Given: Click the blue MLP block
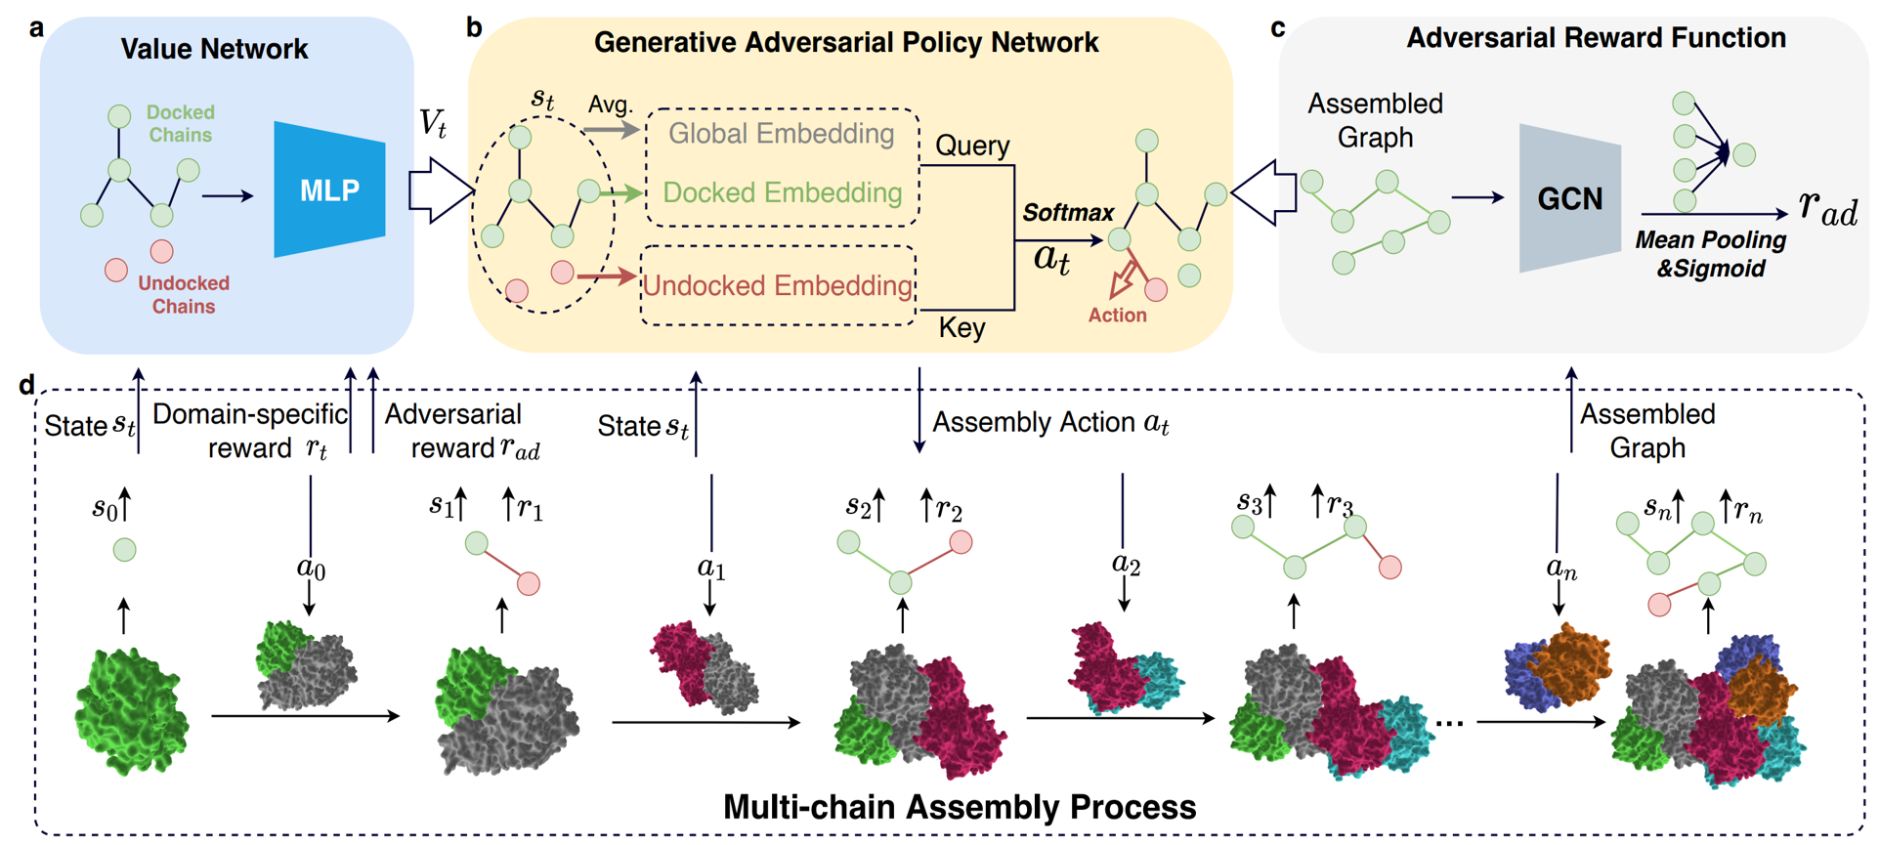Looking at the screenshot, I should click(x=329, y=190).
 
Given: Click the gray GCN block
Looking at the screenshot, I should click(x=1569, y=199).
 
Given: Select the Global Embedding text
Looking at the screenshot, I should click(x=781, y=134).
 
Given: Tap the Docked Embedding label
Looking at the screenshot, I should click(x=782, y=192).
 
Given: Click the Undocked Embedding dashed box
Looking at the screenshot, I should click(x=778, y=285).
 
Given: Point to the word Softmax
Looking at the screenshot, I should click(x=1068, y=213).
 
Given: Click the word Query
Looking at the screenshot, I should click(x=972, y=146).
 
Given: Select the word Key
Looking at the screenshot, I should click(x=961, y=328).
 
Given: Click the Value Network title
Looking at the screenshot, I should click(x=214, y=49).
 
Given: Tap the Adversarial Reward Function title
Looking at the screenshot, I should click(x=1596, y=38).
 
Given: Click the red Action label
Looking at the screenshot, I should click(x=1118, y=316).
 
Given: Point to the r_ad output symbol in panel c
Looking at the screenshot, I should click(x=1828, y=207).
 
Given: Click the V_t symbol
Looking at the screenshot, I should click(x=433, y=124).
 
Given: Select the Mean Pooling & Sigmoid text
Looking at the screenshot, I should click(x=1710, y=254).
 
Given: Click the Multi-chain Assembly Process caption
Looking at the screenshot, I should click(x=959, y=807).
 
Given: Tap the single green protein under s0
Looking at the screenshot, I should click(x=131, y=712).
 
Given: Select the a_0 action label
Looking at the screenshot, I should click(x=311, y=569).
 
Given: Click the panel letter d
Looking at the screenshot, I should click(x=26, y=385).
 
